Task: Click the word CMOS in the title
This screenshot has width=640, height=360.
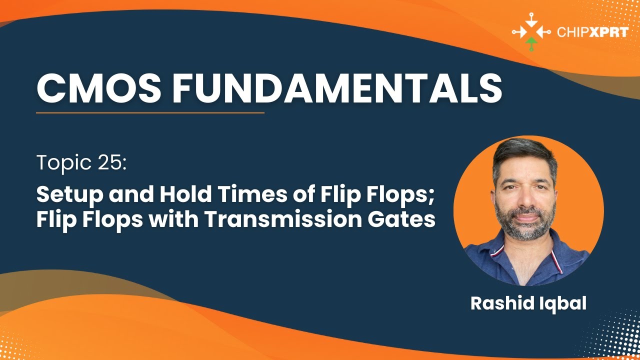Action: pos(99,87)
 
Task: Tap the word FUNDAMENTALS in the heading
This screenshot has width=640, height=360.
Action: pos(337,87)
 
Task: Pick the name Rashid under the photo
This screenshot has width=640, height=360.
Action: pos(502,303)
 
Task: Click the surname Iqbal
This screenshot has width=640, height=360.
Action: pos(562,304)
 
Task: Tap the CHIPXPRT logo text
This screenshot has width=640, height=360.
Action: pos(592,32)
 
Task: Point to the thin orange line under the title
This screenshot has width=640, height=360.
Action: pos(150,113)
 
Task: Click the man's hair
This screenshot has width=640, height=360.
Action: pos(524,155)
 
